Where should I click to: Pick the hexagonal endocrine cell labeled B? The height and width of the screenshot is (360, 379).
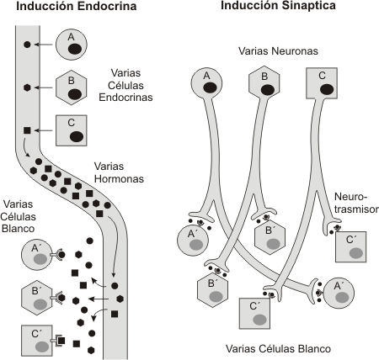(72, 87)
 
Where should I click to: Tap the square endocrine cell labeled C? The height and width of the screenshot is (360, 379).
(72, 130)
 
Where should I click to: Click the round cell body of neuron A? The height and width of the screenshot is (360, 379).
(206, 82)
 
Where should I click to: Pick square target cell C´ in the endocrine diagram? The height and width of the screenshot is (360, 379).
(36, 339)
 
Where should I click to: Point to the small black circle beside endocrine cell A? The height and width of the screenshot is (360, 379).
(28, 44)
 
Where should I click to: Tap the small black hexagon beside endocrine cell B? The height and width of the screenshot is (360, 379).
(28, 87)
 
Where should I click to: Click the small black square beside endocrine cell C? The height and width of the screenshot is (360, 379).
(28, 130)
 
